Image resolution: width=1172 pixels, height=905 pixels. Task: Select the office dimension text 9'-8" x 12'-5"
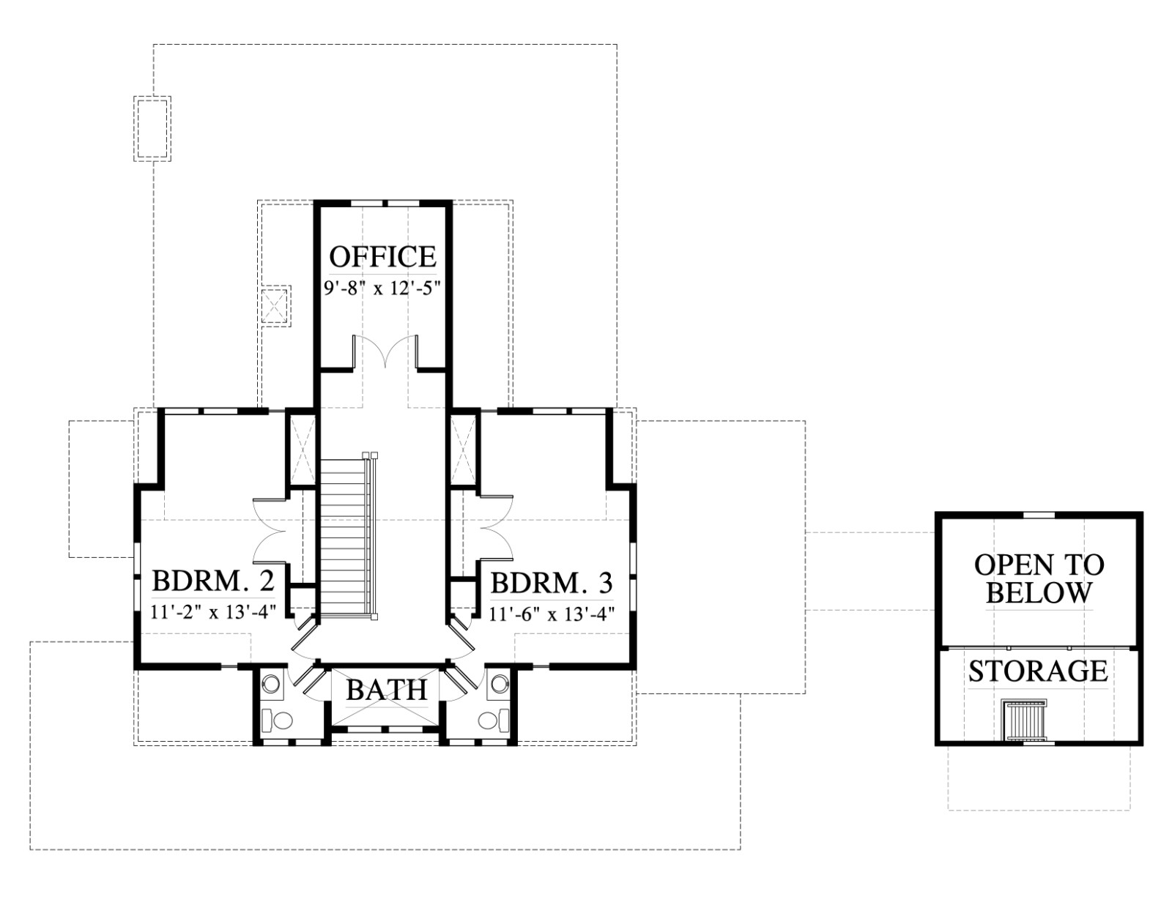point(382,288)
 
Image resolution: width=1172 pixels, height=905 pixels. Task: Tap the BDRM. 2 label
point(213,581)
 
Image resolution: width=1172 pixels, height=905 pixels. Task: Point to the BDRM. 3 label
point(552,583)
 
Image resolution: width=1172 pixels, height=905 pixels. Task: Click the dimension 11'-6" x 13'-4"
point(552,614)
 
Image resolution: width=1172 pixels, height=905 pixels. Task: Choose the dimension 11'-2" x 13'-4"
point(214,613)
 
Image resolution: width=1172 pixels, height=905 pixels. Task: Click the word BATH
point(387,690)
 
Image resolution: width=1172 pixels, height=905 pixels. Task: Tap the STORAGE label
point(1038,671)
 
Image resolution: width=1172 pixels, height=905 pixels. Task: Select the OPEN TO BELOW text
point(1039,579)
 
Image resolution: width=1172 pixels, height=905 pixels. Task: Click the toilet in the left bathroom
point(277,720)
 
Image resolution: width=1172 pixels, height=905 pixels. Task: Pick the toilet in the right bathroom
point(494,720)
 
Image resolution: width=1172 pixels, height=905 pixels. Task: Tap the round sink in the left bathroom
point(271,684)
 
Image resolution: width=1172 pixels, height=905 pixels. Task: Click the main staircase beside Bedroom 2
point(346,536)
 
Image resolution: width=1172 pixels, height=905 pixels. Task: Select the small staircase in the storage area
point(1024,720)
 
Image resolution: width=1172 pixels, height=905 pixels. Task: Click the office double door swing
point(385,351)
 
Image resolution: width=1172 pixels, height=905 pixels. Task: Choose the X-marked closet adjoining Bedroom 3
point(463,450)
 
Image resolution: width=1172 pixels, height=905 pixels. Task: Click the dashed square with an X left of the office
point(276,305)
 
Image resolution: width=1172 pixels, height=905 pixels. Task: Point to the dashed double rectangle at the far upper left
point(152,129)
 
